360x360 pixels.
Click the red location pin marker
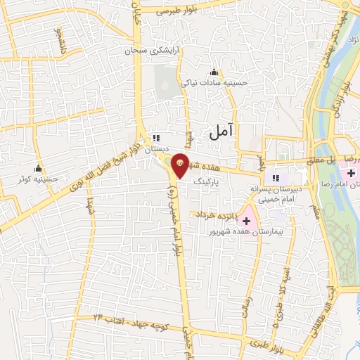(x=180, y=165)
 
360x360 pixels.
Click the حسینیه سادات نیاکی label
(x=214, y=82)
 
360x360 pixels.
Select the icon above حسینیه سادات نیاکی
(x=214, y=72)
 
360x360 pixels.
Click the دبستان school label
(x=157, y=150)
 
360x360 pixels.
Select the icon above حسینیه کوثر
(x=37, y=169)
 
